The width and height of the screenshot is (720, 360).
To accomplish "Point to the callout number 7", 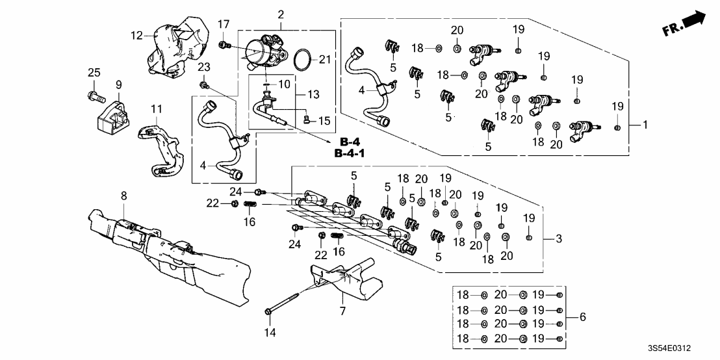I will tap(342, 311).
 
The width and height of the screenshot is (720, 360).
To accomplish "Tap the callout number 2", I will tap(281, 14).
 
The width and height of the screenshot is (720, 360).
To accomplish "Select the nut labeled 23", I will tap(204, 84).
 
